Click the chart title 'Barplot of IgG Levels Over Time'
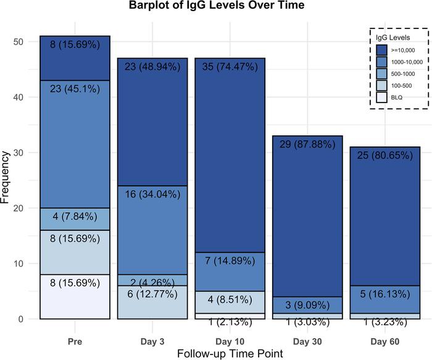216,7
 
